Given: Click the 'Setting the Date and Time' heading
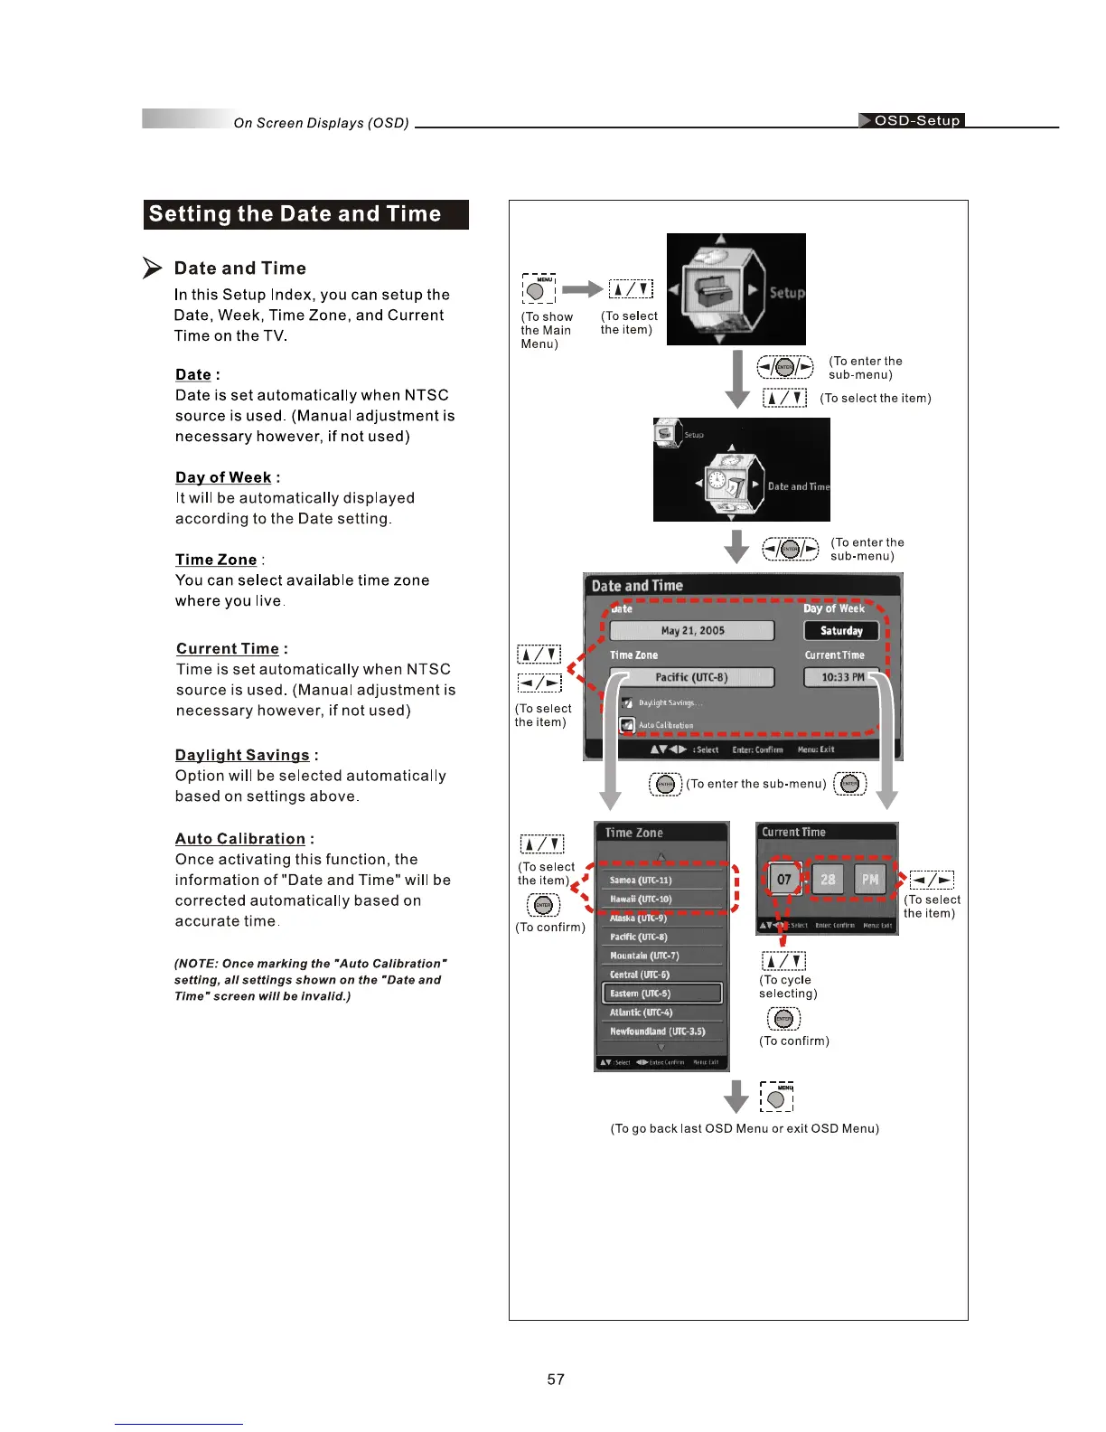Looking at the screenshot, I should click(295, 214).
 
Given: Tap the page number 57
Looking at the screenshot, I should click(556, 1379).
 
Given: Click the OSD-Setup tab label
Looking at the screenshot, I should click(915, 120).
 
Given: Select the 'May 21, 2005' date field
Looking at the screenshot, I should click(692, 631).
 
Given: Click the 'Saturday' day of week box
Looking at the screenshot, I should click(841, 631).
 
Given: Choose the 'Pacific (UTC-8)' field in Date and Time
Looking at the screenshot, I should click(692, 677).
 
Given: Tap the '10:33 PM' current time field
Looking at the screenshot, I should click(841, 677).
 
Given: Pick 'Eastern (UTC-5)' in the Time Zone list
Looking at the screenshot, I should click(661, 994).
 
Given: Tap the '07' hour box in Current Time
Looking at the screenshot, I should click(783, 879).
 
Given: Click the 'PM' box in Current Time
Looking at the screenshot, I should click(869, 879).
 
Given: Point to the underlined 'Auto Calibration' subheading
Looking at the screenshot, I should click(240, 839).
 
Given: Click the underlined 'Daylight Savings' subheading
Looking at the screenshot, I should click(242, 755).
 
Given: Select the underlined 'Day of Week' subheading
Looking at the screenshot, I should click(223, 477).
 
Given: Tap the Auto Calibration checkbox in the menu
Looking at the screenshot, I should click(627, 725).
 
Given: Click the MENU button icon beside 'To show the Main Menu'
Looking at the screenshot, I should click(538, 291).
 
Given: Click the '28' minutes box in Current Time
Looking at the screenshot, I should click(828, 879).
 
